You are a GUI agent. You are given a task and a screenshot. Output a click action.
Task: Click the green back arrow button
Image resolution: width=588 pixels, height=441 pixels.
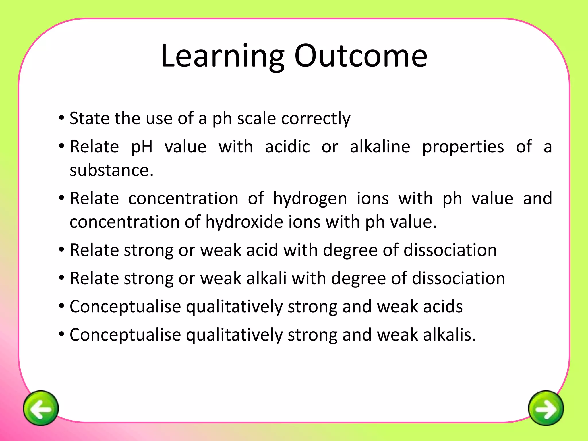pyautogui.click(x=41, y=408)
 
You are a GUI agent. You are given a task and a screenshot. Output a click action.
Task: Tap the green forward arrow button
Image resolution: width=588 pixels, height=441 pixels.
pyautogui.click(x=546, y=408)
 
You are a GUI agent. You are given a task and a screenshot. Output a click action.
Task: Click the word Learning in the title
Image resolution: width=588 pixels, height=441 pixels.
pyautogui.click(x=223, y=56)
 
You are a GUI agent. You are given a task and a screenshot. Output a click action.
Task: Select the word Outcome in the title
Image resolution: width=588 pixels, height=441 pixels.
pyautogui.click(x=361, y=56)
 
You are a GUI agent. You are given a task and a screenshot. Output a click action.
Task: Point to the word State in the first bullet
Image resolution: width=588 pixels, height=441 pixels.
pyautogui.click(x=89, y=118)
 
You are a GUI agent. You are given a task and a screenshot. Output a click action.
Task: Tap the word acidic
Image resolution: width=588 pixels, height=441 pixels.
pyautogui.click(x=287, y=147)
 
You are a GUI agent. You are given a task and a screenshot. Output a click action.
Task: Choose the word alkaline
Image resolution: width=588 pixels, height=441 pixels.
pyautogui.click(x=380, y=147)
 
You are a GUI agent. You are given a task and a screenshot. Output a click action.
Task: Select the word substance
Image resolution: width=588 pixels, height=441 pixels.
pyautogui.click(x=111, y=170)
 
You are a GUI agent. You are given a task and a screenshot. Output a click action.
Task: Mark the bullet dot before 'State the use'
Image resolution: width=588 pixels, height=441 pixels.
pyautogui.click(x=61, y=118)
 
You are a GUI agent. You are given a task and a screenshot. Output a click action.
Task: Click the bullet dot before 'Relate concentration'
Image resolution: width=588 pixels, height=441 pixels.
pyautogui.click(x=61, y=198)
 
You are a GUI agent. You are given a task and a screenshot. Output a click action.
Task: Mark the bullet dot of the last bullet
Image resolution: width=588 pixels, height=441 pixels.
pyautogui.click(x=61, y=334)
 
